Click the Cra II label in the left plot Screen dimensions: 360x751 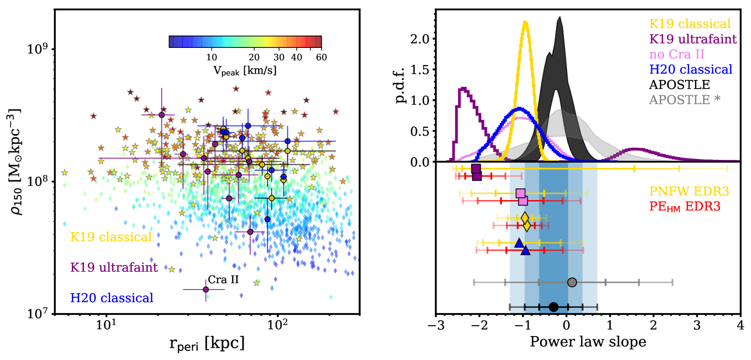coord(223,280)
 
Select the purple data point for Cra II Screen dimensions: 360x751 coord(206,290)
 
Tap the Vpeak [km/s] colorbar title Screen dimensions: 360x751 coord(244,70)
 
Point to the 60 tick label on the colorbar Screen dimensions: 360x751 coord(321,57)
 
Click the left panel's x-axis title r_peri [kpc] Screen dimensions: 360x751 coord(207,343)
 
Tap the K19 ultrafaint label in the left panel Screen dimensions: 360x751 coord(114,267)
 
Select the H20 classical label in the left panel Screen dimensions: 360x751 coord(112,298)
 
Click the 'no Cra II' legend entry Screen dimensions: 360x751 coord(676,54)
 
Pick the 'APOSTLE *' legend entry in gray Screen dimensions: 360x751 coord(684,100)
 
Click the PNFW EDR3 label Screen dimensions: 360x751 coord(689,192)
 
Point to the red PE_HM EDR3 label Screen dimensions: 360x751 coord(684,206)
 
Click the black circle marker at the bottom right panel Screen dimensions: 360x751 coord(554,307)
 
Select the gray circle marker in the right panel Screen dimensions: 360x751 coord(572,282)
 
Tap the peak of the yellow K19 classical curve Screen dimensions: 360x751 coord(525,22)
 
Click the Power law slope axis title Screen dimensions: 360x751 coord(587,342)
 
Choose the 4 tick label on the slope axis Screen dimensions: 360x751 coord(740,325)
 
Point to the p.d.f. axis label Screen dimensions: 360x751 coord(400,86)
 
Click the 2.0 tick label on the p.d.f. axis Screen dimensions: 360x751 coord(419,39)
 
